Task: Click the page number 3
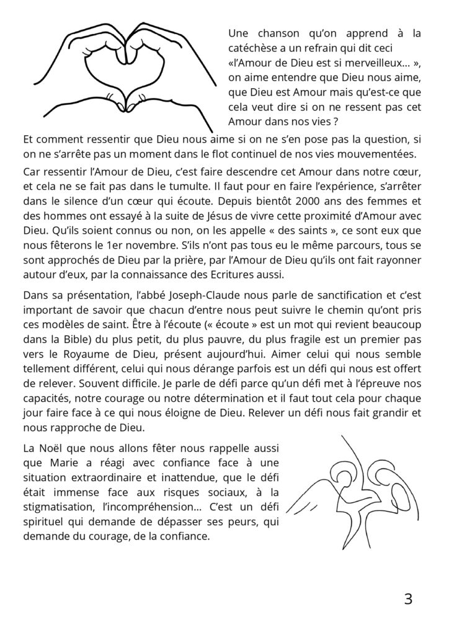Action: click(408, 599)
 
